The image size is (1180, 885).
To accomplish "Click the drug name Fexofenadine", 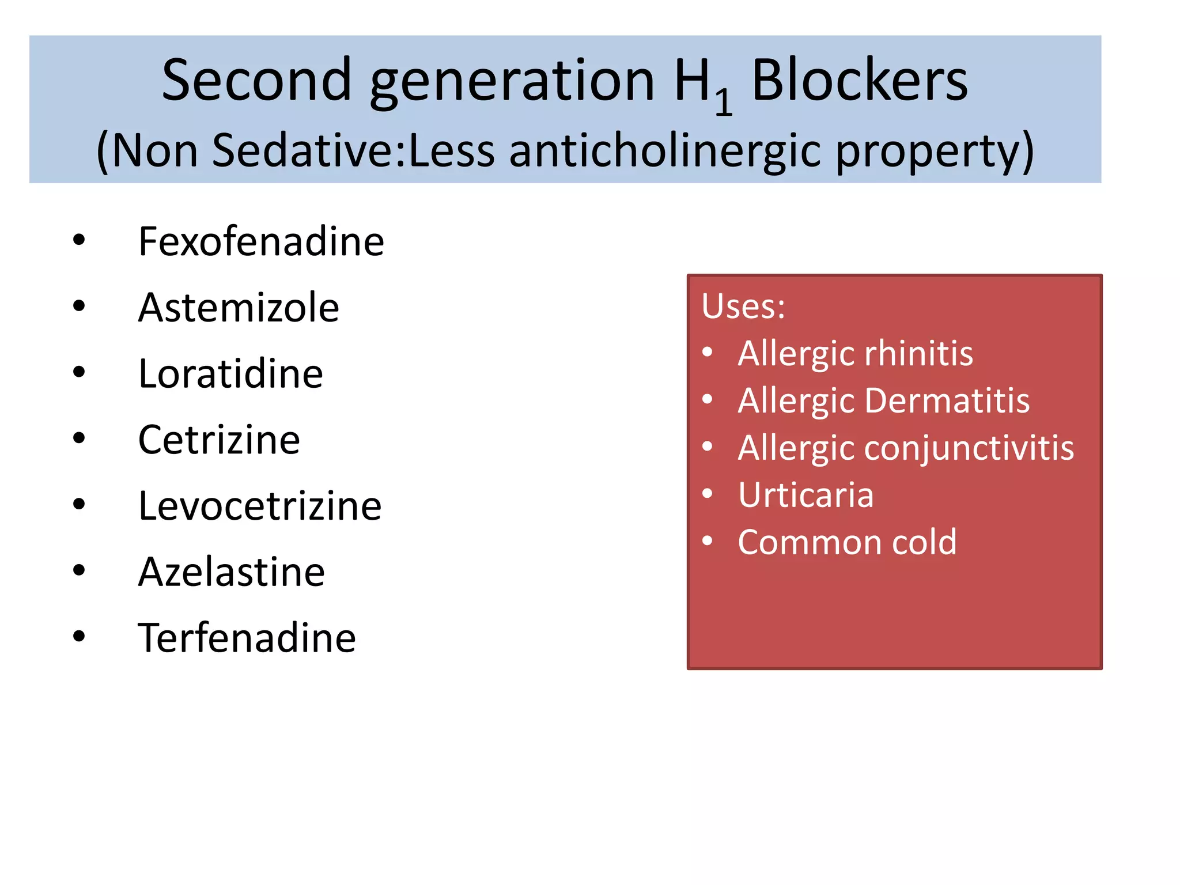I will point(261,241).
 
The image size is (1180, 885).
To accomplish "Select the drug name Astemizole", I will point(239,308).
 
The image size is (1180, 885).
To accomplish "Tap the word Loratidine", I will point(230,374).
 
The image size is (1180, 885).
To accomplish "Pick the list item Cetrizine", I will point(219,440).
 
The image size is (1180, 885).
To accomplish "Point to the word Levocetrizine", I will point(260,506).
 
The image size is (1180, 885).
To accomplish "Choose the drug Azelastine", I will point(232,572).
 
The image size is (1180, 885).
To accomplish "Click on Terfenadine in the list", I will point(247,638).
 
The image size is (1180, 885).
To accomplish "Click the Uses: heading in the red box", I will point(743,306).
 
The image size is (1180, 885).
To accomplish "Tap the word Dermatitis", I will point(947,400).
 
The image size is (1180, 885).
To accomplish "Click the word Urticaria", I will point(805,495).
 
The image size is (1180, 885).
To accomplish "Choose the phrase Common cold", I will point(847,542).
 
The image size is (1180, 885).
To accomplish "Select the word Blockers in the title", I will point(859,81).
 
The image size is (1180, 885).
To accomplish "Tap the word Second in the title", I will point(256,81).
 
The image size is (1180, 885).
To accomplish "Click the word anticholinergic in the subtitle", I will point(664,150).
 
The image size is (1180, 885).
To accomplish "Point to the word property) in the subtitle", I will point(935,152).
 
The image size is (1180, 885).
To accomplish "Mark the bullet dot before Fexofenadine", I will point(79,240).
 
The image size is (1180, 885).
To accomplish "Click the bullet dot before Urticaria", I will point(708,493).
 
